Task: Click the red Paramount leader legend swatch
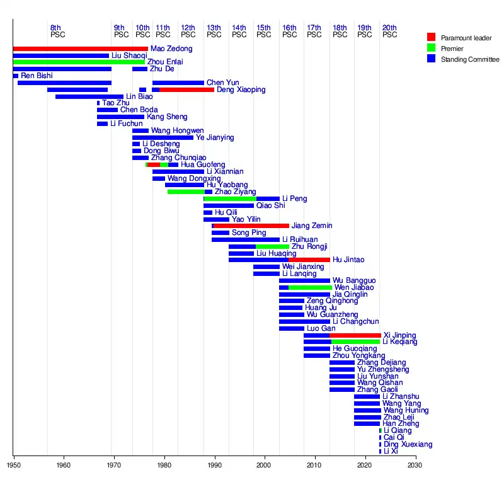pyautogui.click(x=431, y=37)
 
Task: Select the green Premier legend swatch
pyautogui.click(x=431, y=48)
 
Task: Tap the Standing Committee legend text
pyautogui.click(x=471, y=59)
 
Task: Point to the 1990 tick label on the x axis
pyautogui.click(x=214, y=466)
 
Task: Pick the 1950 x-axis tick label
pyautogui.click(x=13, y=466)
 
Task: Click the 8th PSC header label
pyautogui.click(x=56, y=31)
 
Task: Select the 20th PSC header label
pyautogui.click(x=390, y=31)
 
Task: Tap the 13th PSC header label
pyautogui.click(x=214, y=31)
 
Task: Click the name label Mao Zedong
pyautogui.click(x=171, y=49)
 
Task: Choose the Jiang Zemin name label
pyautogui.click(x=312, y=226)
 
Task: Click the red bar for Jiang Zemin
pyautogui.click(x=251, y=226)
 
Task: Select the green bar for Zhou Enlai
pyautogui.click(x=79, y=62)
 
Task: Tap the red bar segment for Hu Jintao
pyautogui.click(x=309, y=260)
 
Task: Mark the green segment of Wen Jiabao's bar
pyautogui.click(x=309, y=287)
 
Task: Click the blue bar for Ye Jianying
pyautogui.click(x=163, y=137)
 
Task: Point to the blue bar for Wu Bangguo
pyautogui.click(x=304, y=280)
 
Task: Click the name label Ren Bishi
pyautogui.click(x=37, y=76)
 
